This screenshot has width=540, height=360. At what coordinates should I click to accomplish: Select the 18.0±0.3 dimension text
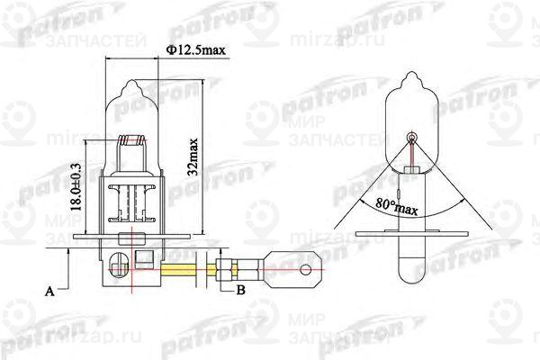(x=78, y=184)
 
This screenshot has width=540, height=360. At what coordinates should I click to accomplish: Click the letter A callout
(x=50, y=291)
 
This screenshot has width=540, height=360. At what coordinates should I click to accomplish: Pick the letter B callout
(x=240, y=291)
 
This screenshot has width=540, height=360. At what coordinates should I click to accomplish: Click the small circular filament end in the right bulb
(x=413, y=138)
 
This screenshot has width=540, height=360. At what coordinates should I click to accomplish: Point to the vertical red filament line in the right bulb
(x=413, y=163)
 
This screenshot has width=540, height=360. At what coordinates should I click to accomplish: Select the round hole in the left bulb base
(x=114, y=265)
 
